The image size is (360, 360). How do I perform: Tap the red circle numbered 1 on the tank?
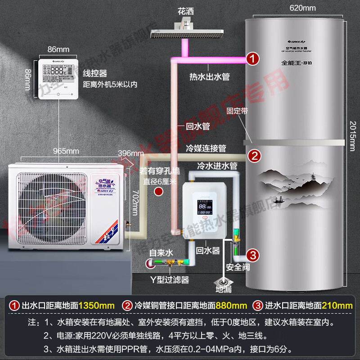tap(253, 58)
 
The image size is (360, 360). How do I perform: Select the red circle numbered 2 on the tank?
tap(255, 156)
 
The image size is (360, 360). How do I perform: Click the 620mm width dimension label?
tap(302, 8)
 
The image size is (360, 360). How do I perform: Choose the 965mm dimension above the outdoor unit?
tap(66, 151)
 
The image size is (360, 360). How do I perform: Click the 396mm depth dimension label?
tap(127, 153)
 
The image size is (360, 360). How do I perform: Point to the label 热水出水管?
tap(209, 77)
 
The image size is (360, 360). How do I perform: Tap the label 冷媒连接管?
tap(206, 148)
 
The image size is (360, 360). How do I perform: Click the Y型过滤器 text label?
tap(169, 280)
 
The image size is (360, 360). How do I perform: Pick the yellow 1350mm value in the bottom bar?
tap(96, 306)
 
